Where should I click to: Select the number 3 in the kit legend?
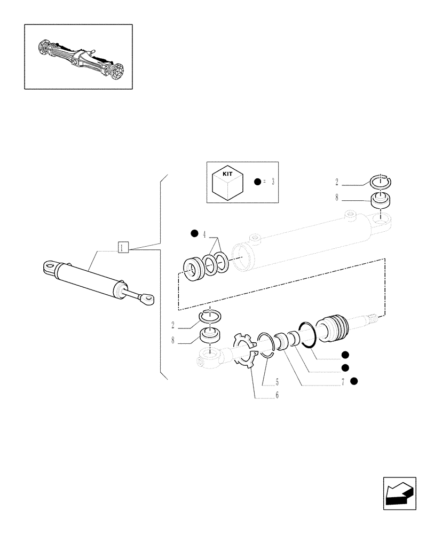272,182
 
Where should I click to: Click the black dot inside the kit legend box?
257,182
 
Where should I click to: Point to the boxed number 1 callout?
123,247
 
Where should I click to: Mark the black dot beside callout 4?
194,233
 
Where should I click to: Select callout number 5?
277,382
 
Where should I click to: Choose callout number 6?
277,395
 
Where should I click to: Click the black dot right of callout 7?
354,381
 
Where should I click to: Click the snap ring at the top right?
380,182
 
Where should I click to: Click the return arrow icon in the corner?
399,491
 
